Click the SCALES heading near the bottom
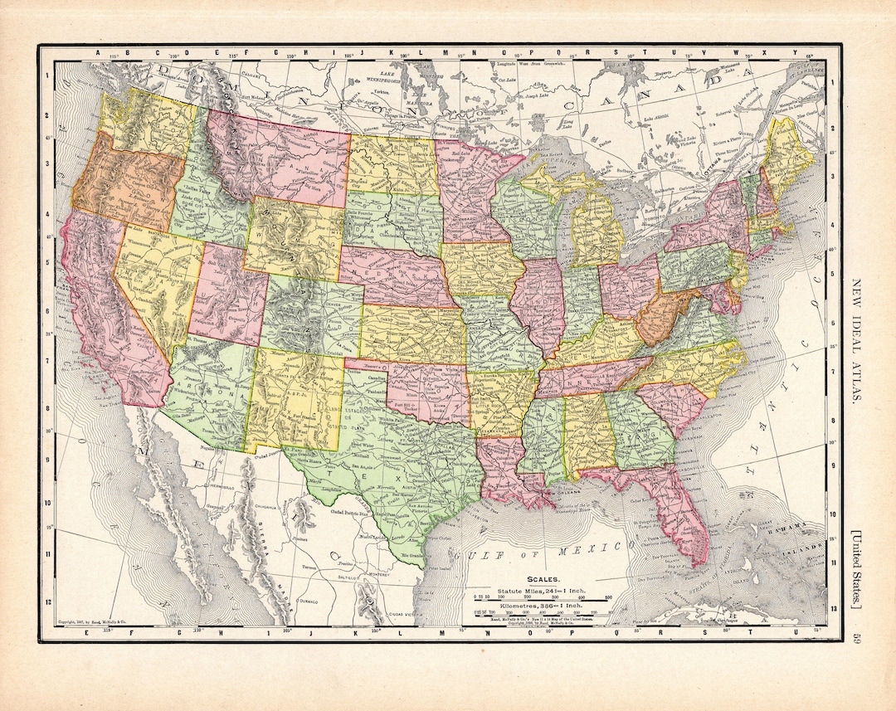(543, 579)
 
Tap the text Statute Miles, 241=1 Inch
(543, 589)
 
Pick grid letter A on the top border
(97, 55)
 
